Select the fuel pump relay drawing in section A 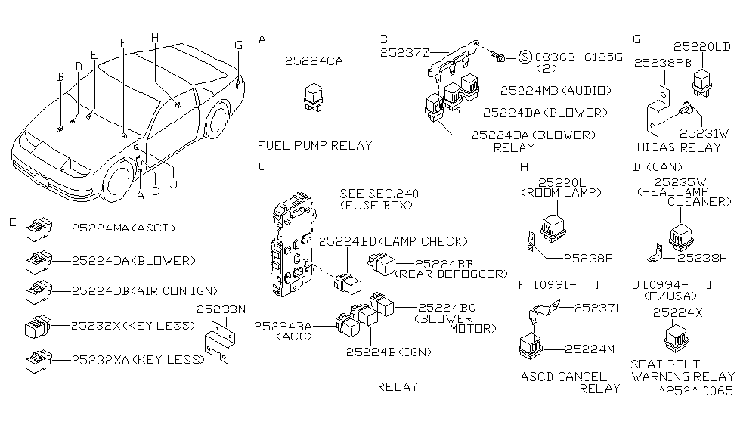click(312, 98)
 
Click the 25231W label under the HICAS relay click(704, 132)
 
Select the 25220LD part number click(702, 47)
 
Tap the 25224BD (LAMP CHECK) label click(389, 241)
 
